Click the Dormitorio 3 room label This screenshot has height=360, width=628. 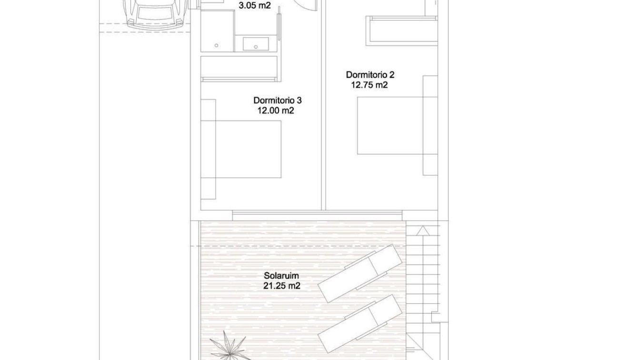277,100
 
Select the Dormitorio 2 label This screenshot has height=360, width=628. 370,75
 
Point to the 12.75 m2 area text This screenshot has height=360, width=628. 369,85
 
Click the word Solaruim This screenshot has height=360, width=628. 281,276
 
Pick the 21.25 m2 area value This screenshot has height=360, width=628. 281,286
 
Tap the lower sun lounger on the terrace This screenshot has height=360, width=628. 360,323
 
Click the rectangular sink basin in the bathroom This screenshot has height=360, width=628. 256,44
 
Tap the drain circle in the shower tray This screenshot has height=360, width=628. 217,46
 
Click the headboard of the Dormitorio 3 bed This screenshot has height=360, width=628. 208,149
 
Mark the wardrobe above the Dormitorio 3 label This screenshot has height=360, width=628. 239,69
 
